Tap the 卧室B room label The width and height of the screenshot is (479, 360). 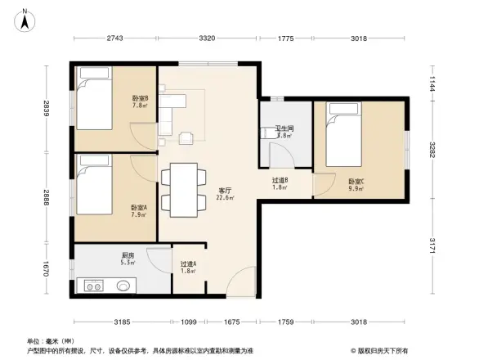pos(140,101)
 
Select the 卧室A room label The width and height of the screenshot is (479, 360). pos(139,211)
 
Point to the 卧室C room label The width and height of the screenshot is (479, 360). pos(356,185)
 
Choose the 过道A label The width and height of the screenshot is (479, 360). pos(189,267)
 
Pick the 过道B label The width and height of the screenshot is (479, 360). pos(280,184)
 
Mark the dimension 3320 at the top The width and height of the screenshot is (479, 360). pos(207,38)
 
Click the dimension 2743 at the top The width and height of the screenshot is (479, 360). pos(114,38)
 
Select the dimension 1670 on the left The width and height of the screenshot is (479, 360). pos(47,268)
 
